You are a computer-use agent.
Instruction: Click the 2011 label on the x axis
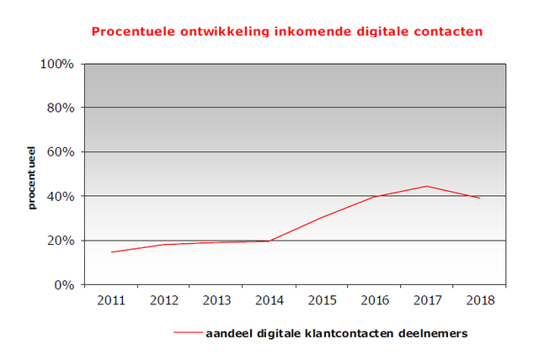click(x=110, y=300)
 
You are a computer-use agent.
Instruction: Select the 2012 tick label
click(x=163, y=300)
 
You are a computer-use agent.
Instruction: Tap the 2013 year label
click(x=216, y=300)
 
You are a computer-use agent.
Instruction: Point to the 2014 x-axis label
click(x=269, y=300)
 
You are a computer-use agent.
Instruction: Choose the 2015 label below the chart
click(x=321, y=300)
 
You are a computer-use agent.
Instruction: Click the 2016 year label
click(x=374, y=300)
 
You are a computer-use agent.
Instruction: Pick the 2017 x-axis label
click(x=426, y=300)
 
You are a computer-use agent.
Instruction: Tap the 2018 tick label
click(x=479, y=300)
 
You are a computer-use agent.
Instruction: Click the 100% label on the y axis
click(x=58, y=65)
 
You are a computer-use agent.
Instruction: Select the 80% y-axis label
click(x=61, y=109)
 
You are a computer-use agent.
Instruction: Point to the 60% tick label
click(x=61, y=152)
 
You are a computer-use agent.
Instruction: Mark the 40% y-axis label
click(x=61, y=197)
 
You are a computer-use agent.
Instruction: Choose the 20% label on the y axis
click(x=61, y=241)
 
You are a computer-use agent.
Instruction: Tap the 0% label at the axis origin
click(x=65, y=285)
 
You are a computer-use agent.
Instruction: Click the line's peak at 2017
click(x=427, y=186)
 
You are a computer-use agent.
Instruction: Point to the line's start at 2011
click(x=111, y=252)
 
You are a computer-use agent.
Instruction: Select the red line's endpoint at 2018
click(x=479, y=199)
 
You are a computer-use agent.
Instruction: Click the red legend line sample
click(x=188, y=334)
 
